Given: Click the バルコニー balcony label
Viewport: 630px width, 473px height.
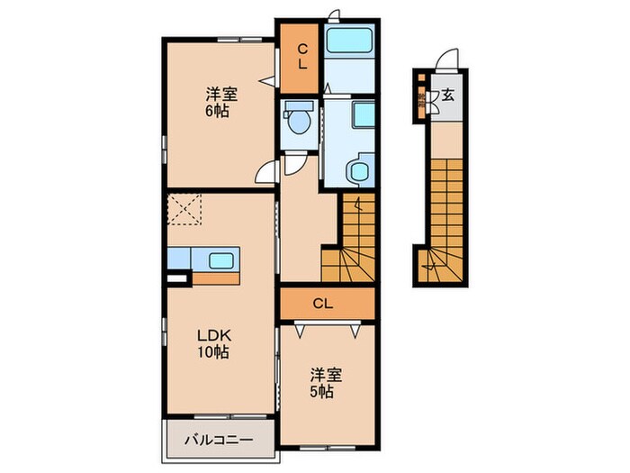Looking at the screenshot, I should point(219,441).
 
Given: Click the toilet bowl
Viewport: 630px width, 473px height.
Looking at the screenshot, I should point(297,119).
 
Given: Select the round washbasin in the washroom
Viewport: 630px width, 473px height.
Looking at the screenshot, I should point(362,170).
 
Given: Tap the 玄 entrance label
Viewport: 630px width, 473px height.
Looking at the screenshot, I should point(447,92).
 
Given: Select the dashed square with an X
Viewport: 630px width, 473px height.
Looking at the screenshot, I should point(185,211).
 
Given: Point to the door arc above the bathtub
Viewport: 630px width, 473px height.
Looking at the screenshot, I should point(334,16).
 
